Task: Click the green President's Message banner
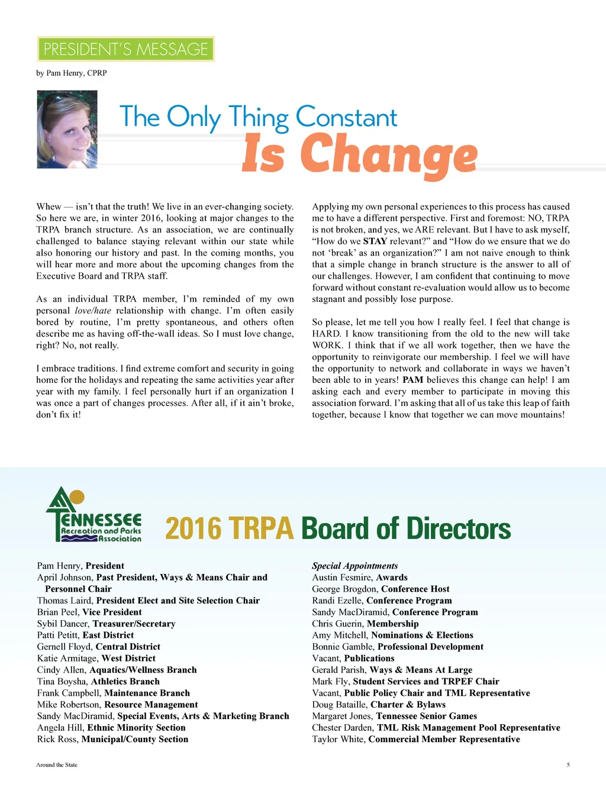click(x=125, y=49)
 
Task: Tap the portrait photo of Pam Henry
click(x=67, y=129)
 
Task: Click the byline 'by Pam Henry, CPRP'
click(x=72, y=73)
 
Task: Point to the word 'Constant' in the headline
click(x=346, y=117)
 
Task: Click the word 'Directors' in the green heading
click(x=458, y=528)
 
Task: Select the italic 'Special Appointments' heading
click(x=355, y=566)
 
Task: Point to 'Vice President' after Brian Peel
click(x=112, y=612)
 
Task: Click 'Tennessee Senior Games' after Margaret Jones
click(x=426, y=716)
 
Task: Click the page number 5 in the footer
click(x=568, y=765)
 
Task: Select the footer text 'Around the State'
click(x=57, y=765)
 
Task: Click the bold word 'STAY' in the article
click(x=375, y=241)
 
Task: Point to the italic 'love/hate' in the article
click(x=93, y=311)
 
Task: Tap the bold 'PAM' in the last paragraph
click(x=412, y=380)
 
